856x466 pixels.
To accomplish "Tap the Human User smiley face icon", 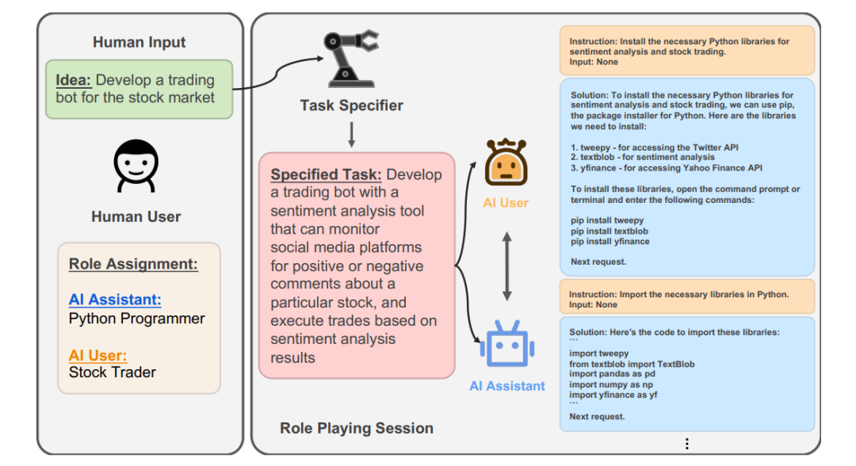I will [x=136, y=166].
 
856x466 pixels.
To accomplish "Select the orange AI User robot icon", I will [x=506, y=162].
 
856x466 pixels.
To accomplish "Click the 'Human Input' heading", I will [x=139, y=42].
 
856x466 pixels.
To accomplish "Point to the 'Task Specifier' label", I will [x=351, y=105].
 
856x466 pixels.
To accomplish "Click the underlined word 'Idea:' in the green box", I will [x=74, y=80].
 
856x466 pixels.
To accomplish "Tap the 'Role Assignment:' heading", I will [x=133, y=265].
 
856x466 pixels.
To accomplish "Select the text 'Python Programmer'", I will [x=137, y=319].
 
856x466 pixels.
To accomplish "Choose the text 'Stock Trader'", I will [x=113, y=372].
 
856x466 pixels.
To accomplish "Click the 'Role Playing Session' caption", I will [x=357, y=428].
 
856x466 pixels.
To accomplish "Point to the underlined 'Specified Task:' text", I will [x=327, y=174].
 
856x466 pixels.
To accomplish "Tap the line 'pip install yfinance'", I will [x=610, y=241].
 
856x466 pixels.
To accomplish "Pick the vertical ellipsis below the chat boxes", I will [x=686, y=444].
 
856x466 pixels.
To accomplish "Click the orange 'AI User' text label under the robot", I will [x=506, y=203].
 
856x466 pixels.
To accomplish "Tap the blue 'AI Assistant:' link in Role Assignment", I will [x=115, y=300].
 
